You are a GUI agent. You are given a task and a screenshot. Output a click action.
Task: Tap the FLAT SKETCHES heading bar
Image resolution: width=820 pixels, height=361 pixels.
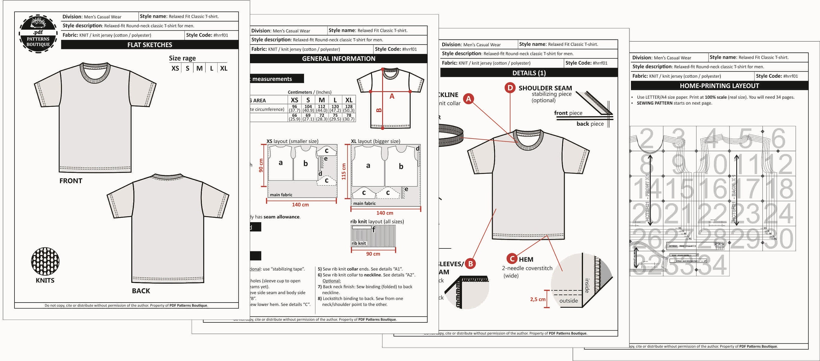[150, 45]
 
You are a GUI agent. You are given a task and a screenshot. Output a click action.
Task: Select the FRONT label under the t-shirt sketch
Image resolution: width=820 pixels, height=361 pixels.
[71, 181]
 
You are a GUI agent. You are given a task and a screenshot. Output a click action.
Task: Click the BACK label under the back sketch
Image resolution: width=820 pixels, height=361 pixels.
[141, 291]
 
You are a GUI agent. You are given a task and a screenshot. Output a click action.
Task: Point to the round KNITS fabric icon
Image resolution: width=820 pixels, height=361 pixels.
[45, 261]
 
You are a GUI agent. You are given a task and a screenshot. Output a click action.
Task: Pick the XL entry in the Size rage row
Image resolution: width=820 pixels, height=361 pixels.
[224, 68]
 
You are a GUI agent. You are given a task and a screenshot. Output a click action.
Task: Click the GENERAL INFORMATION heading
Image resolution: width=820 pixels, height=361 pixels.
[338, 58]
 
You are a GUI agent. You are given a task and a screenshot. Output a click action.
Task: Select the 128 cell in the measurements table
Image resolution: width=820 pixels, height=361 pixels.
[348, 107]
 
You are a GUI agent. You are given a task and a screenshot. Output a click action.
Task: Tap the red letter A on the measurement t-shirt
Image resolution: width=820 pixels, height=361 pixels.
[392, 96]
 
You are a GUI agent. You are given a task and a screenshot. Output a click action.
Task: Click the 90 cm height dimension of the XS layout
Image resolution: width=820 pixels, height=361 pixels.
[261, 166]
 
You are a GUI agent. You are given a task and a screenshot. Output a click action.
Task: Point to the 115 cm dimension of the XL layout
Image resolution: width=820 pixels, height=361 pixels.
[344, 172]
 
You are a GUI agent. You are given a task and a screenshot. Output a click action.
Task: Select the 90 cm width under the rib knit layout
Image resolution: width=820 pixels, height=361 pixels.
[373, 254]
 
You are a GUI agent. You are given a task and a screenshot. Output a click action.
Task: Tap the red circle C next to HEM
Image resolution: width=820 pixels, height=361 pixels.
[512, 259]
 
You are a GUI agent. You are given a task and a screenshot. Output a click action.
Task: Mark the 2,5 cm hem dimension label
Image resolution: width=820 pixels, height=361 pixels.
[537, 299]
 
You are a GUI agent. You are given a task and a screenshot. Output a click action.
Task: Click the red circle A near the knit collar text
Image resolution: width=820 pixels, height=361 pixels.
[468, 99]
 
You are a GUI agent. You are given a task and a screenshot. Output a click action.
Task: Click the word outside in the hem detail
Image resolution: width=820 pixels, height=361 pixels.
[568, 301]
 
